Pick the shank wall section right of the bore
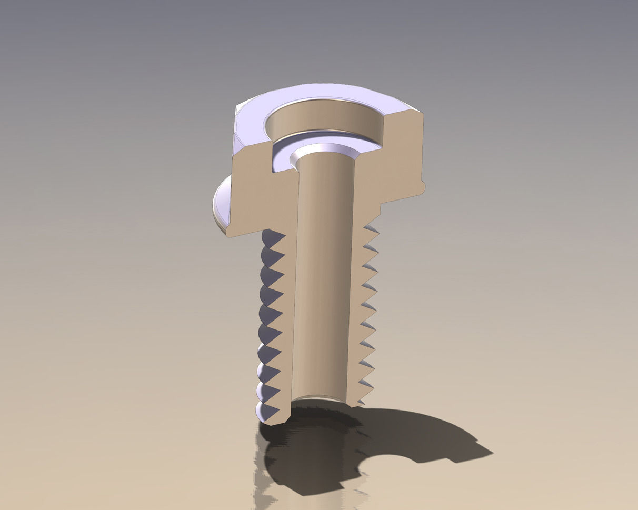tap(358, 316)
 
